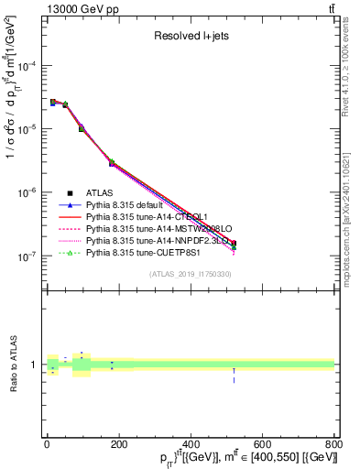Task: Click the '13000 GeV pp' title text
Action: coord(78,8)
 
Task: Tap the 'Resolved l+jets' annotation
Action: coord(191,36)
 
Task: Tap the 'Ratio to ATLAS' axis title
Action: coord(12,365)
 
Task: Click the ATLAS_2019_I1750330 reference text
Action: coord(191,274)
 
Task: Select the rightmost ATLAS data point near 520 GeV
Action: coord(234,244)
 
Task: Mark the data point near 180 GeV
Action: coord(112,163)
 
